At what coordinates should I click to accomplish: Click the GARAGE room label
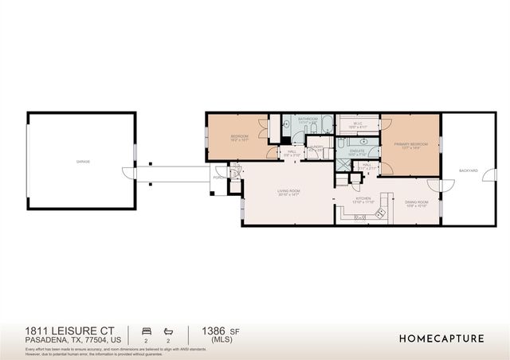83,162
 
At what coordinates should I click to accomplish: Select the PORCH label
218,178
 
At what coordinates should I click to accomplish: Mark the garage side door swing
127,172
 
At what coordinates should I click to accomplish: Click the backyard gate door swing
434,185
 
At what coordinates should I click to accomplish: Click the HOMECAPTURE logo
441,338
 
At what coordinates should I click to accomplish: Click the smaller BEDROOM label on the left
239,136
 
